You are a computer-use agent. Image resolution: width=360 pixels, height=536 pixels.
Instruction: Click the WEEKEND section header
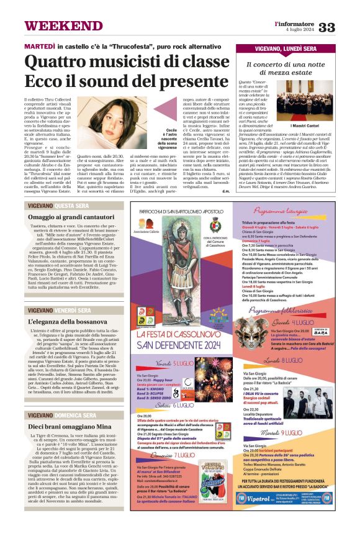click(56, 26)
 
